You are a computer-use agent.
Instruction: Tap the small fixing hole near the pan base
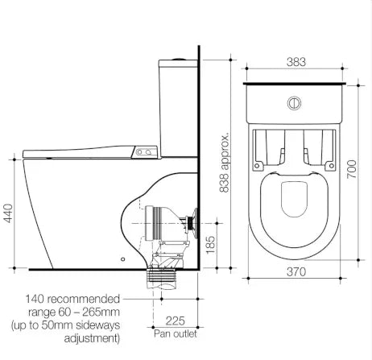tap(122, 259)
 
